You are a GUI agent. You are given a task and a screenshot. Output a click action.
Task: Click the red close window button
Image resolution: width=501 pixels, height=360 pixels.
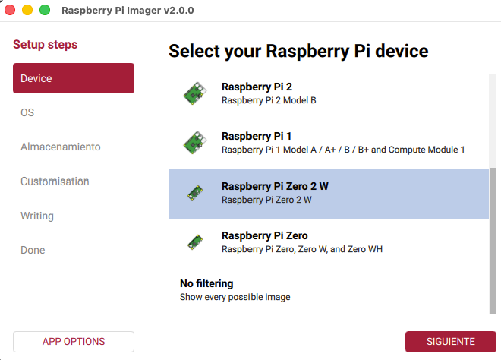[10, 10]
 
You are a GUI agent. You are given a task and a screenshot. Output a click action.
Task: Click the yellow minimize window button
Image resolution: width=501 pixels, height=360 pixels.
[27, 10]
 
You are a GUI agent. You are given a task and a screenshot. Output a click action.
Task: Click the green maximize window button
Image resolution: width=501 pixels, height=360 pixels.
[45, 10]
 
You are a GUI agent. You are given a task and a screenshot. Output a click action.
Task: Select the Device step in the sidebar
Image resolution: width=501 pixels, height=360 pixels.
[74, 78]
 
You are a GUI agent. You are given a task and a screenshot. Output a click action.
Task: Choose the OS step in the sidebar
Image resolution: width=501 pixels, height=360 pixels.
[27, 112]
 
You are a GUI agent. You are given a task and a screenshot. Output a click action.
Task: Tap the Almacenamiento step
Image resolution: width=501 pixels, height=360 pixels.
[60, 147]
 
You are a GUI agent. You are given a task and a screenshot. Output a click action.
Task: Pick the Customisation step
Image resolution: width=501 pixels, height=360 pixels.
[55, 182]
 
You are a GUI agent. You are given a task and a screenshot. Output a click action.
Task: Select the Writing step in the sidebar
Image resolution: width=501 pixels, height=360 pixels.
[37, 216]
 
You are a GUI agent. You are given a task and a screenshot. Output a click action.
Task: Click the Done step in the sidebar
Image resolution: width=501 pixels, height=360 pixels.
[33, 250]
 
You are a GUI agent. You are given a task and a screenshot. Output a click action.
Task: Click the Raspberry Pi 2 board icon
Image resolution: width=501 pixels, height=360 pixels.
[194, 93]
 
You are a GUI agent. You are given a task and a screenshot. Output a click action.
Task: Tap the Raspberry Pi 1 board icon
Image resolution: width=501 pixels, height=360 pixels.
[194, 143]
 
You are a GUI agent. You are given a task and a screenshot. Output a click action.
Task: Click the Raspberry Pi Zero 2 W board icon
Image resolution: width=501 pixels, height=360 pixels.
[195, 193]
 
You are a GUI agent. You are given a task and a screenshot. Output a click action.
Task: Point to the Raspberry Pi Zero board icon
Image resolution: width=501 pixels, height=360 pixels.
[195, 242]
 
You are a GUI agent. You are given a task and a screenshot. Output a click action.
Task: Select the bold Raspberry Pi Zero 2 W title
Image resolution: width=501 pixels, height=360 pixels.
[275, 186]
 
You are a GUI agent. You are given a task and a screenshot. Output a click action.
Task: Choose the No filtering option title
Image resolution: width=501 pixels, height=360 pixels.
[206, 283]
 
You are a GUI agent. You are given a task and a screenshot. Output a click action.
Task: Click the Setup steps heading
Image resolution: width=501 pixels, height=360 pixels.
[46, 45]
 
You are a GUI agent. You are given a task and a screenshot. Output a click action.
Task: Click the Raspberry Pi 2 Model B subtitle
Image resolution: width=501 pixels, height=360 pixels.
[269, 100]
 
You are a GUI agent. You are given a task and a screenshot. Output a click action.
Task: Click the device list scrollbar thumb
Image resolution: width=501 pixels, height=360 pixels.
[493, 239]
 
